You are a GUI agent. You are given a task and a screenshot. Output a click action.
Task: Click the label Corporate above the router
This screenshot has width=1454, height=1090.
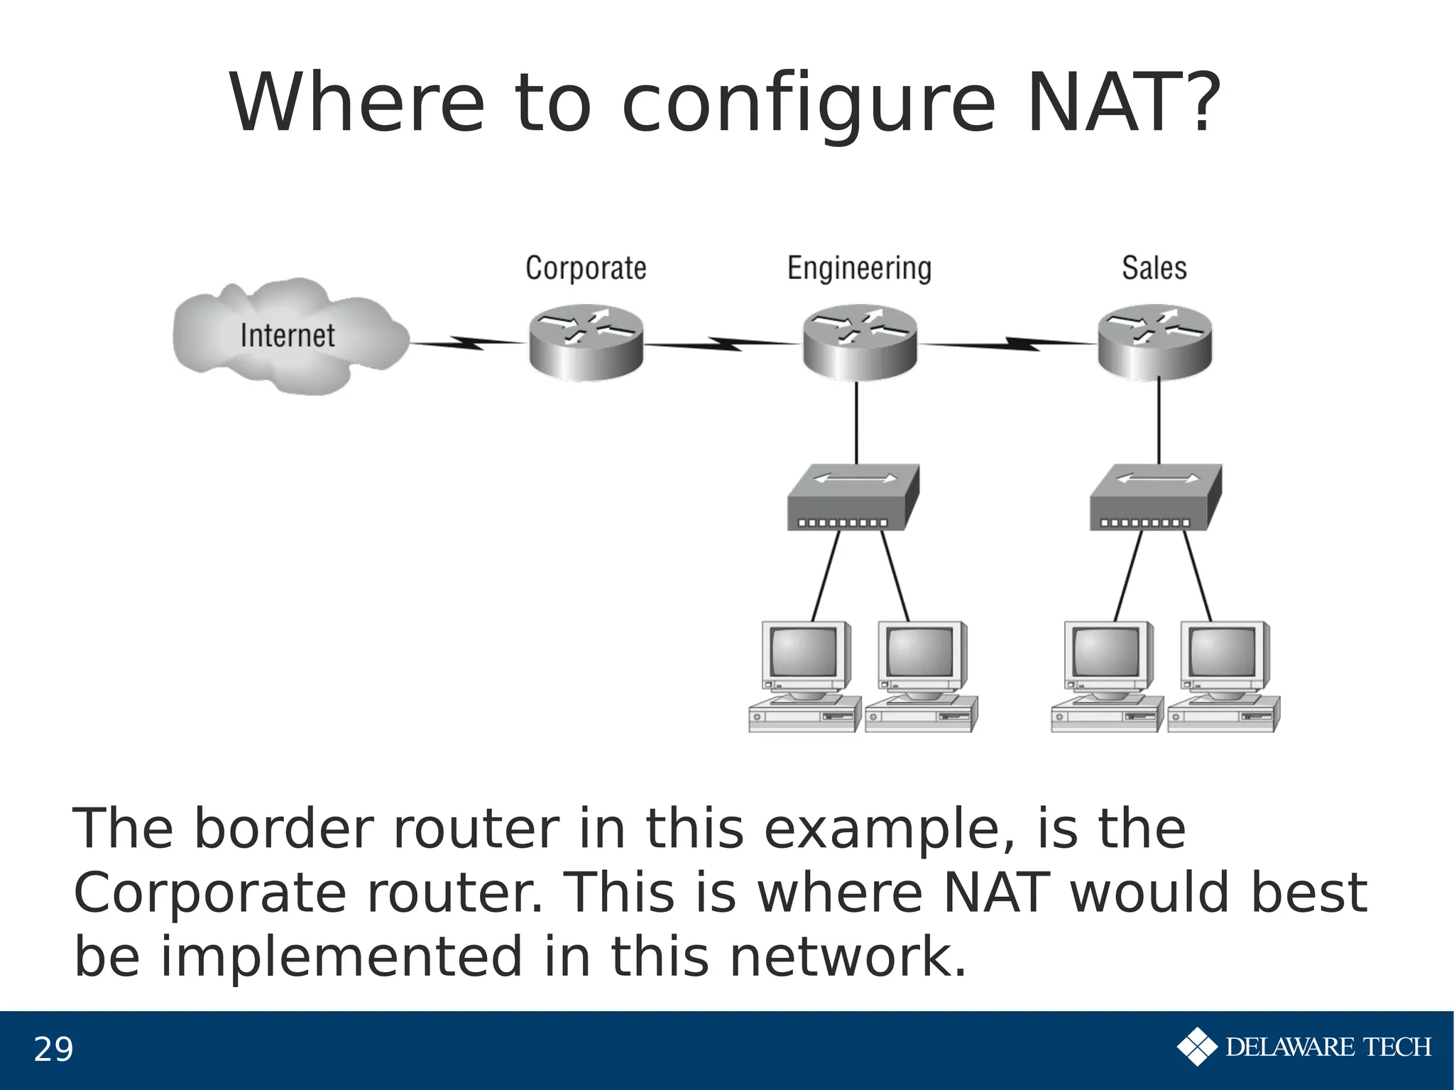(x=586, y=268)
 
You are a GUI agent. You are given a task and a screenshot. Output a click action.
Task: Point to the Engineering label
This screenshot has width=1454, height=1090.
(x=859, y=269)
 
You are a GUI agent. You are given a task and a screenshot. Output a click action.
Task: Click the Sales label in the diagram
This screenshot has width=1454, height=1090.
(x=1154, y=268)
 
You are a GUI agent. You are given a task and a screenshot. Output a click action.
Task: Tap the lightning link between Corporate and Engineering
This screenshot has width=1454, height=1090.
(x=723, y=344)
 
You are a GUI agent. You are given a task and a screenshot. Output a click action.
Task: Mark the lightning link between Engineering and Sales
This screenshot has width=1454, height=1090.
(x=1008, y=344)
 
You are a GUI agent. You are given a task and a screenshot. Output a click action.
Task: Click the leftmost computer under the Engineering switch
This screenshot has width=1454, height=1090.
(x=804, y=677)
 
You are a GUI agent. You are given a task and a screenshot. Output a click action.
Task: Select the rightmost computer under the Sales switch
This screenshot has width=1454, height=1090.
(x=1223, y=677)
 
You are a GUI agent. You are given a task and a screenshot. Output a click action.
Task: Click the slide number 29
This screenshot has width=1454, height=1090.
(x=53, y=1050)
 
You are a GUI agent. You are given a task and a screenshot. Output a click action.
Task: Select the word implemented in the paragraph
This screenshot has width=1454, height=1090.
(x=341, y=956)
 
